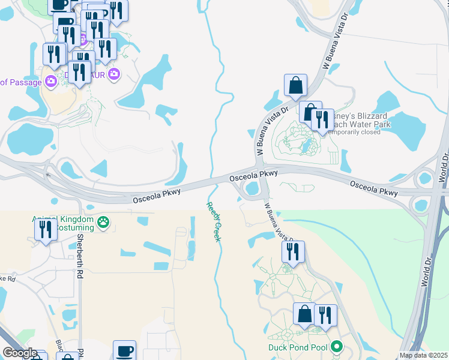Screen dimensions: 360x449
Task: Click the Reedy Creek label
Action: tap(214, 222)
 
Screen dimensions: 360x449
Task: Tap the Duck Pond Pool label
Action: tap(298, 347)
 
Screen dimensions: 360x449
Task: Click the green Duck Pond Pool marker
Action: tap(337, 347)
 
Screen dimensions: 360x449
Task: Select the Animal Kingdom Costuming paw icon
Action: tap(104, 223)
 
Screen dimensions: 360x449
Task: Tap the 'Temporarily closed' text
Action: tap(354, 132)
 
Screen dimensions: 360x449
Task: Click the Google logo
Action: tap(20, 353)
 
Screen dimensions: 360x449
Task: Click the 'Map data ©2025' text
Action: tap(424, 355)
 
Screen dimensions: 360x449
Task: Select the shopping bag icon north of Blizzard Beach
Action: tap(296, 86)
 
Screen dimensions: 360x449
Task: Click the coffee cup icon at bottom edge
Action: tap(124, 350)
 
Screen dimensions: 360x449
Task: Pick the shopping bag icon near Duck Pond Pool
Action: tap(304, 314)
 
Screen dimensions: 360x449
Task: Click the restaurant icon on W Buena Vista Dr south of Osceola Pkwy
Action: tap(293, 253)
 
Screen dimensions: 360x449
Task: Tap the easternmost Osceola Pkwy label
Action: tap(374, 189)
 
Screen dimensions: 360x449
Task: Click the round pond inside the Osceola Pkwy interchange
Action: tap(253, 189)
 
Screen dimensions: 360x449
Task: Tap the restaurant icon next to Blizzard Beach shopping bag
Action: tap(322, 120)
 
